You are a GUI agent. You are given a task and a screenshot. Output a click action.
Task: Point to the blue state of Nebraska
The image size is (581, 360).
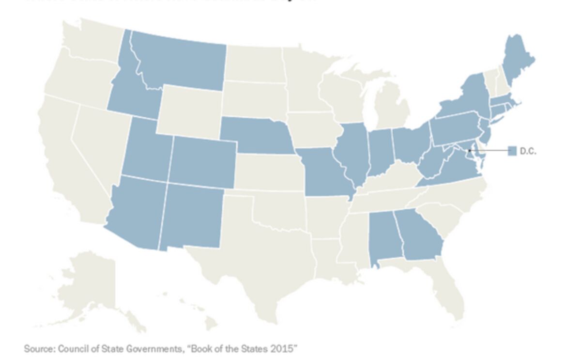click(254, 136)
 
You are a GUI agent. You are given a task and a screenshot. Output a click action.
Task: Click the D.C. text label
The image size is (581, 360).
click(528, 151)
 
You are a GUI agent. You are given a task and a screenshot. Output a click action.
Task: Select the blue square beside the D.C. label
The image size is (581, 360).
click(512, 151)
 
